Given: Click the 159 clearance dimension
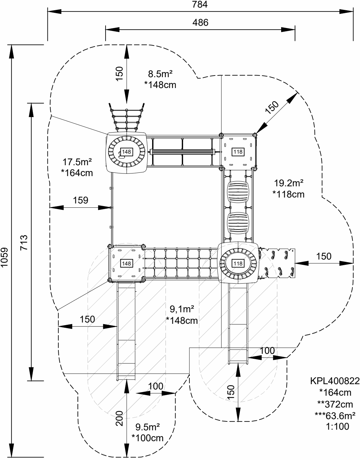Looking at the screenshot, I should [x=81, y=200].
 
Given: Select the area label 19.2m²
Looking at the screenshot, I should [x=289, y=183].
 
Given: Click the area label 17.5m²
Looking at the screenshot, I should [x=77, y=162].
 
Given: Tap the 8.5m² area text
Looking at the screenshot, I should [x=160, y=74].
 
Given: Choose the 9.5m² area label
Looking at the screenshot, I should [x=147, y=427].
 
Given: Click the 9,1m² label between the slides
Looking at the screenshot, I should [x=182, y=309].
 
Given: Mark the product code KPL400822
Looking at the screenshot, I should [x=335, y=381].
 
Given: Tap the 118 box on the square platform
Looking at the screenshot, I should [x=238, y=152].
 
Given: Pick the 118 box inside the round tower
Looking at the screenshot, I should [x=238, y=263].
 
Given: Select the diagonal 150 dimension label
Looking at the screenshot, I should [x=272, y=107].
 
